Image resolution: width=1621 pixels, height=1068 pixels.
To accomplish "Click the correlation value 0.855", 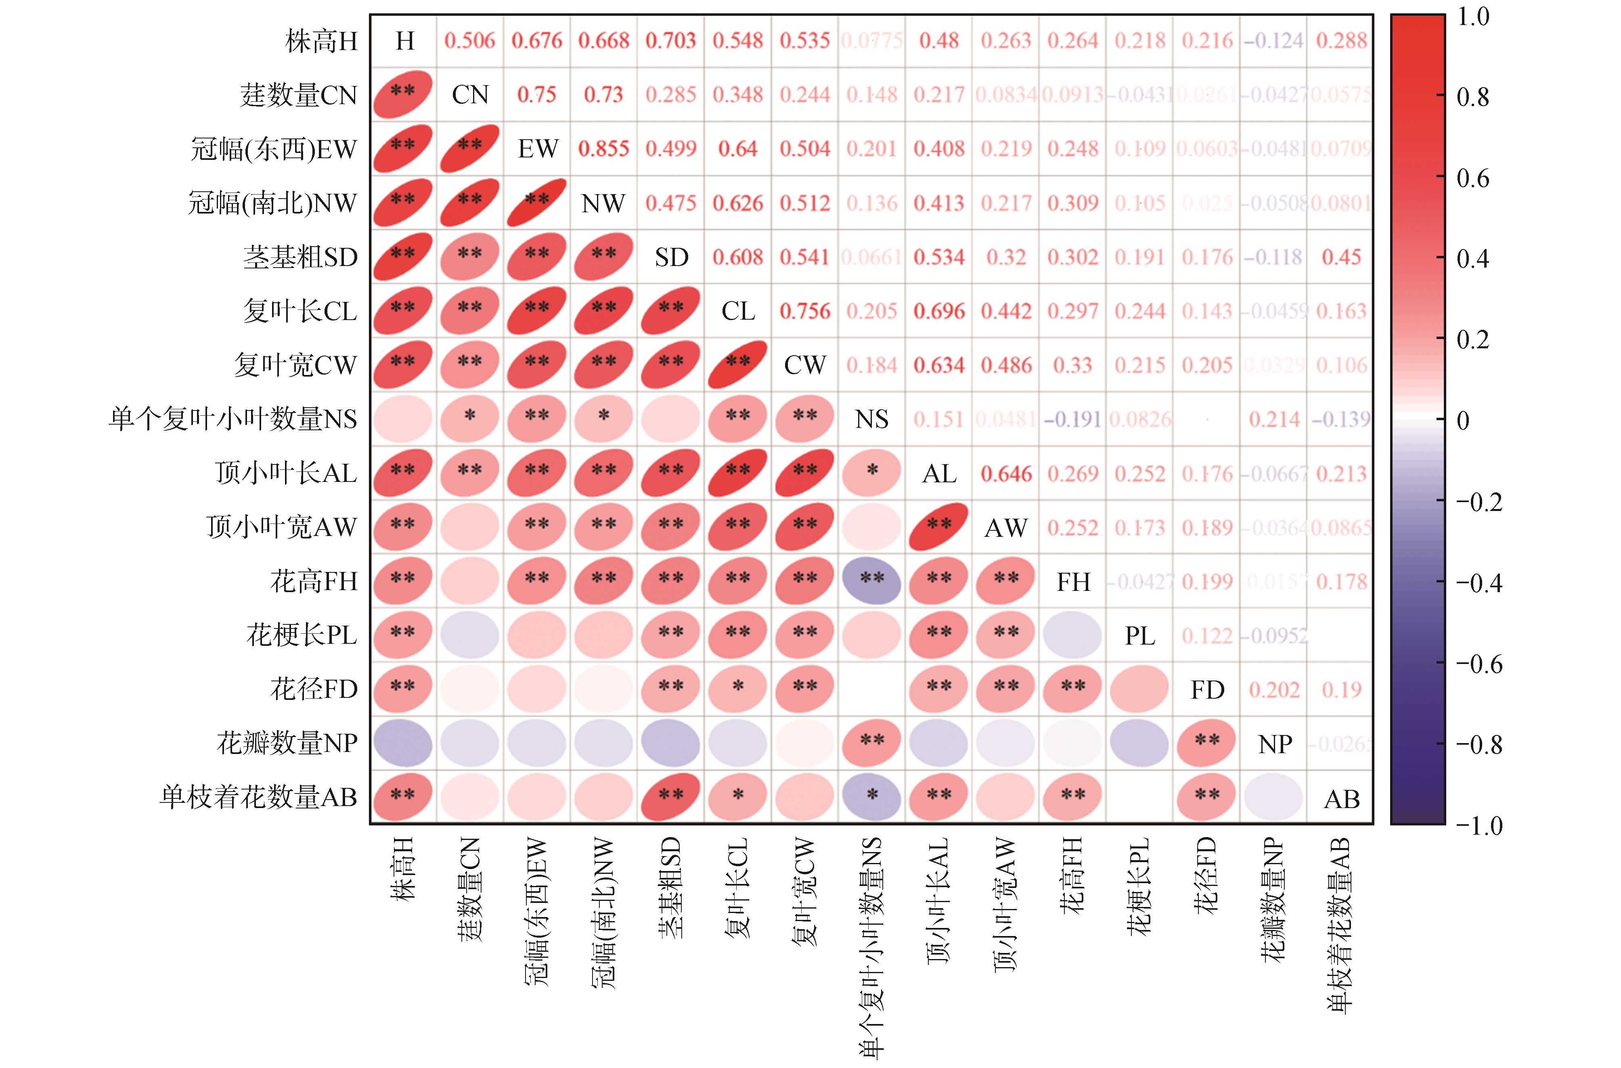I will coord(603,149).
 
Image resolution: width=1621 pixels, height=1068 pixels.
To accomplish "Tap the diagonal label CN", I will coord(470,95).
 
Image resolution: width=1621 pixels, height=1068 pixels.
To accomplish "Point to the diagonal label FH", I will coord(1073,582).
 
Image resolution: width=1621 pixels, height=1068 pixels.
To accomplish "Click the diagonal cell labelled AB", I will coord(1341,798).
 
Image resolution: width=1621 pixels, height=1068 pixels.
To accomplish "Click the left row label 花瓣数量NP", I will coord(287,742).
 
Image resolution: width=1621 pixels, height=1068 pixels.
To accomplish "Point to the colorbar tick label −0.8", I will coord(1478,744).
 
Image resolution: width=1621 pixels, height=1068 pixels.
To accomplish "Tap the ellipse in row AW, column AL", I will coord(938,526).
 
